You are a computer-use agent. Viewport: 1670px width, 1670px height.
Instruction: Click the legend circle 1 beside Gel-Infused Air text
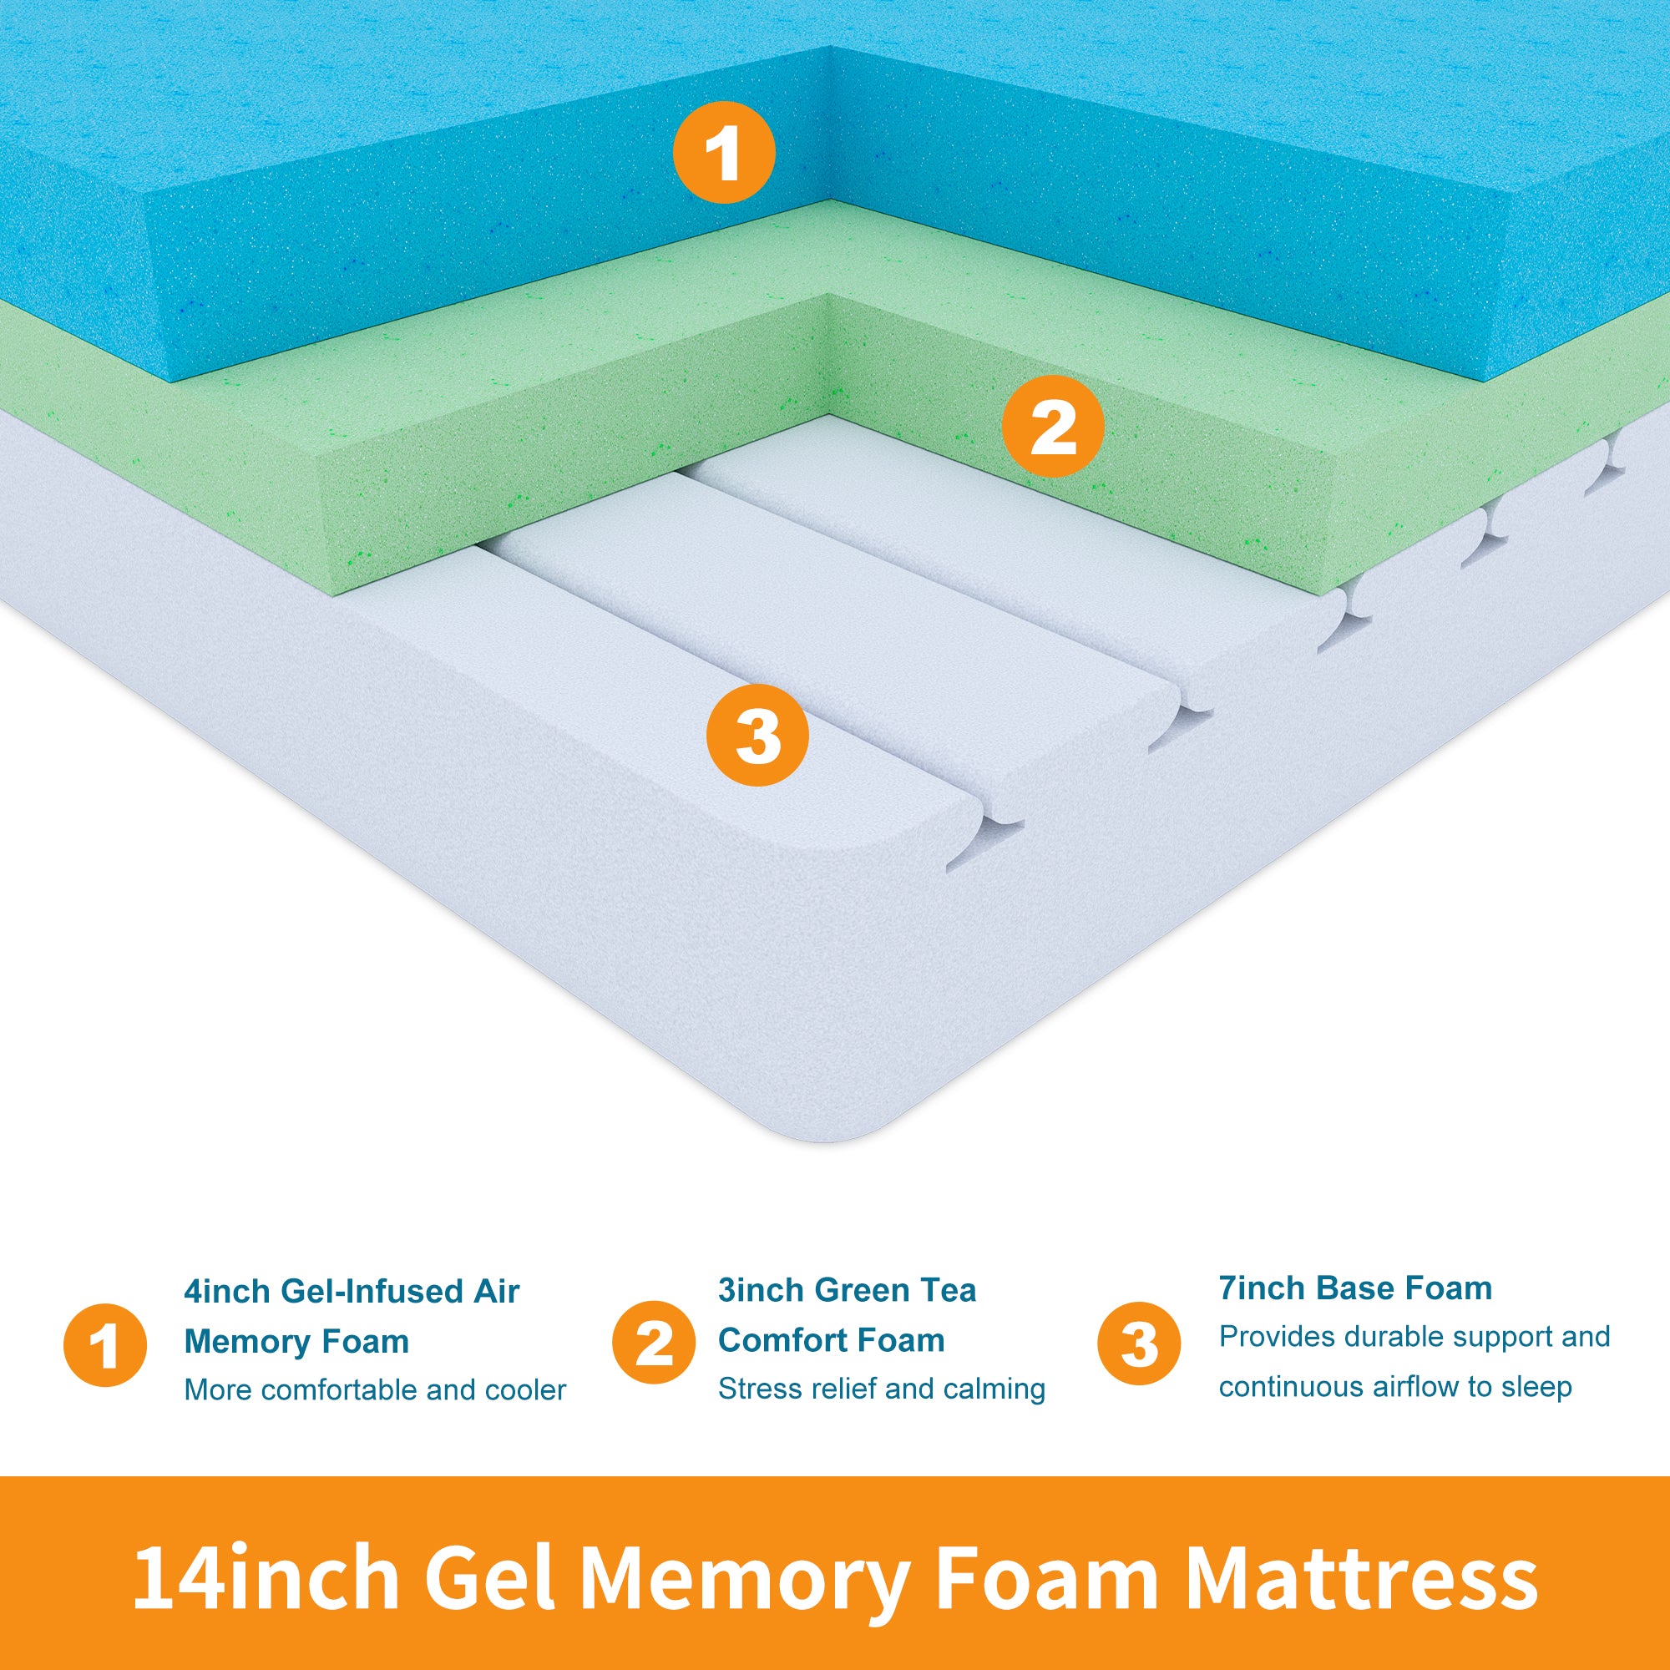[x=104, y=1345]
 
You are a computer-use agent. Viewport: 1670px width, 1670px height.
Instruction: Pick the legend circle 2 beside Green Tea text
[x=654, y=1343]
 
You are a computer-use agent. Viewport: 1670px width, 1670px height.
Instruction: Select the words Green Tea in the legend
[x=895, y=1290]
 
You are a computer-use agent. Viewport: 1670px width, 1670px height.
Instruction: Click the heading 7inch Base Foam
[x=1355, y=1287]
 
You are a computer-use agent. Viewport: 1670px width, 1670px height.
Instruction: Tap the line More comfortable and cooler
[x=375, y=1389]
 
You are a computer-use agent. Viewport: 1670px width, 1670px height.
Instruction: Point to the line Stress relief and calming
[x=882, y=1389]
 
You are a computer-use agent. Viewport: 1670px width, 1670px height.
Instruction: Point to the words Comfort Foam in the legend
[x=832, y=1340]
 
